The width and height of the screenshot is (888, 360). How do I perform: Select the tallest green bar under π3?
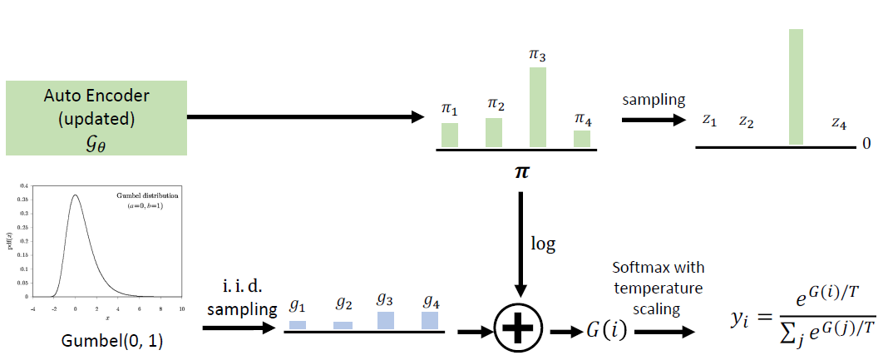coord(538,107)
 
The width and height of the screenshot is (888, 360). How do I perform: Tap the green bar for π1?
coord(450,135)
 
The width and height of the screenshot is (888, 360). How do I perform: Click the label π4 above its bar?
coord(582,118)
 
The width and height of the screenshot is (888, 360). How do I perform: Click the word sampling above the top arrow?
coord(654,100)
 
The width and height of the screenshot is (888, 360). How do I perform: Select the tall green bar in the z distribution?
coord(796,87)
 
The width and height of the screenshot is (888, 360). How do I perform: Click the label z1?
coord(709,121)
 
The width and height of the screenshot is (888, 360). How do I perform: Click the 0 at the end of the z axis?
coord(866,144)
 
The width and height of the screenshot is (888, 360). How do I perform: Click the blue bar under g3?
coord(386,321)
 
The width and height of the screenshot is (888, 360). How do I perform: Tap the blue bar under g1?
coord(298,325)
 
